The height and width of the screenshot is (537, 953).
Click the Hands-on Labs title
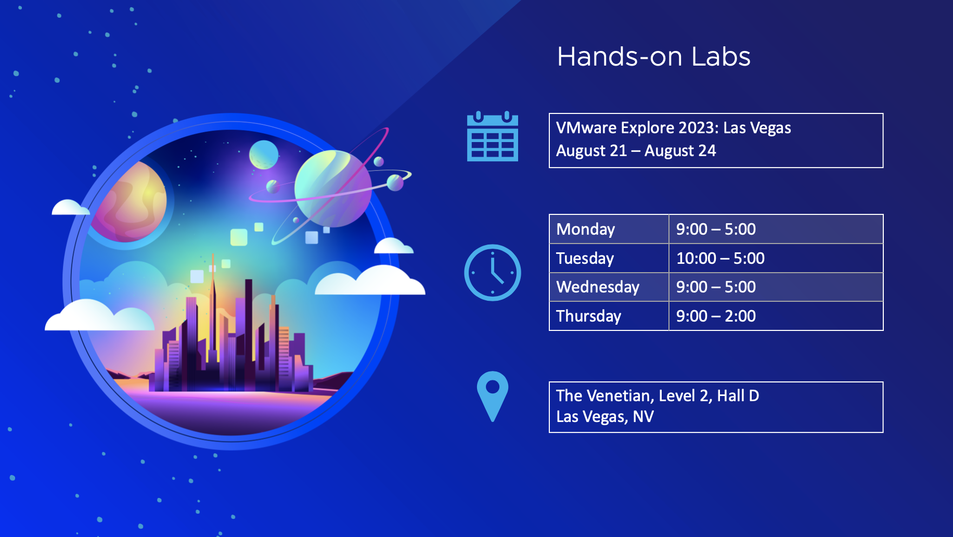(x=654, y=57)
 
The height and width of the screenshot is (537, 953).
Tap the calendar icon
(x=493, y=136)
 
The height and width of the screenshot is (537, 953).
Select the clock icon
(x=493, y=273)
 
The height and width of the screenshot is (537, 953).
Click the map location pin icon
(x=493, y=396)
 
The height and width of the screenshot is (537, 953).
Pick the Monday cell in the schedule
(x=609, y=229)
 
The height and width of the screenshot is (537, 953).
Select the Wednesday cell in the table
(x=609, y=287)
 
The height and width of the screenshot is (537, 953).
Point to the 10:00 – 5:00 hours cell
(x=776, y=258)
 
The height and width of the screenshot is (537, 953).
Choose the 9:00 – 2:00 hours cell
(x=776, y=316)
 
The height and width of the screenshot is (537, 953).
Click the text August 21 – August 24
(x=636, y=151)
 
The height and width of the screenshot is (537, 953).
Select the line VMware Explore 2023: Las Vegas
(x=674, y=128)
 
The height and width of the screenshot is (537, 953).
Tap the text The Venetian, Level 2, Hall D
(x=658, y=396)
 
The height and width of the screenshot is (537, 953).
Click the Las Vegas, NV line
(x=605, y=417)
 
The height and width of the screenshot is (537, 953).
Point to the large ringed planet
(x=333, y=188)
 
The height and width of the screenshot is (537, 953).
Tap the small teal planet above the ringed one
(x=264, y=155)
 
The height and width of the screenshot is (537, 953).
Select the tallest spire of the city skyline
(x=213, y=312)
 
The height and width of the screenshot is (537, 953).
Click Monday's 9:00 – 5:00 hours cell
(x=776, y=229)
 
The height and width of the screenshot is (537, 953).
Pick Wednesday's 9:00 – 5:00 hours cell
(x=776, y=287)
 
